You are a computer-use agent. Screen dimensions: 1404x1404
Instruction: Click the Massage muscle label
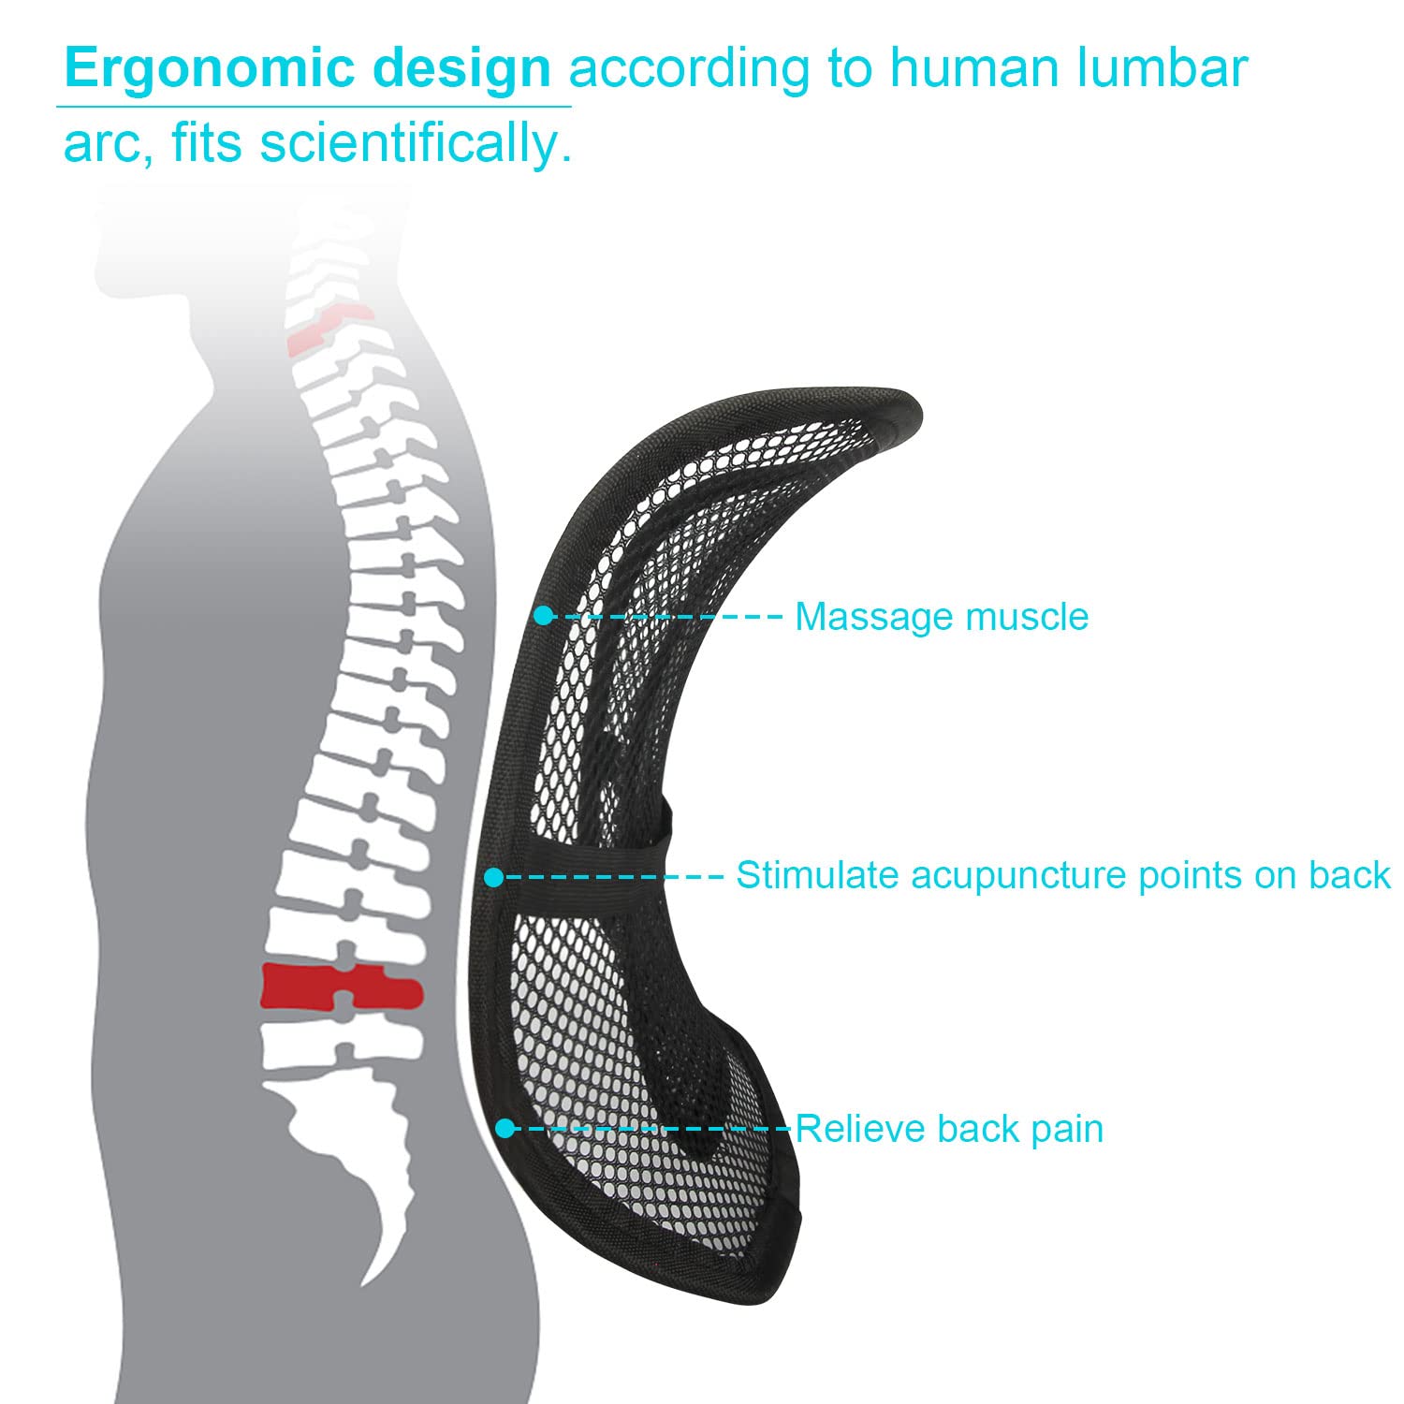coord(941,617)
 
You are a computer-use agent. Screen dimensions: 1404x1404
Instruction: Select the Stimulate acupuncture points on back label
coord(1062,875)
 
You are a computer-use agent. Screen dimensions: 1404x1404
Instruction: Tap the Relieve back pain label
coord(949,1129)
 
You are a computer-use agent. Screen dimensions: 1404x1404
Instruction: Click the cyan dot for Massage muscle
coord(543,616)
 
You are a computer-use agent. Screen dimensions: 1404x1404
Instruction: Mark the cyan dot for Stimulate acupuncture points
coord(493,877)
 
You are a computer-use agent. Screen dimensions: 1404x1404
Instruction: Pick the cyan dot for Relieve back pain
coord(505,1129)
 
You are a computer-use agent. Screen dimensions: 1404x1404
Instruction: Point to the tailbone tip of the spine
coord(370,1278)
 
